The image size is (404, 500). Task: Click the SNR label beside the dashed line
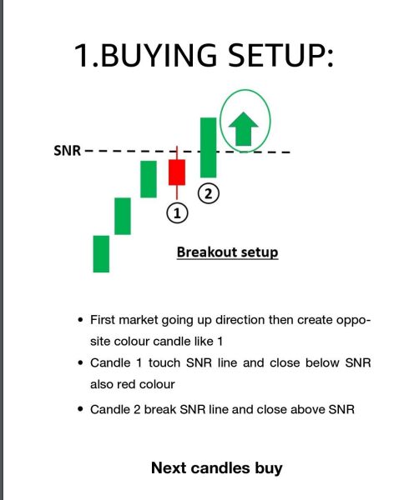point(67,152)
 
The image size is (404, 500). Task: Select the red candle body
point(176,172)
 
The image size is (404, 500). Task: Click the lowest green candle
point(101,253)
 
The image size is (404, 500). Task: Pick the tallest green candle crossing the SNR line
point(208,147)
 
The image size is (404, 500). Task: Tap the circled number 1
point(176,212)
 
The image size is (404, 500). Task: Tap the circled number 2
point(208,193)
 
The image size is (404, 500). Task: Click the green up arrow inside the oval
point(245,129)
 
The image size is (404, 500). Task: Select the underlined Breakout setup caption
point(227,252)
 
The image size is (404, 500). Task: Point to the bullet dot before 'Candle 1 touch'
point(79,363)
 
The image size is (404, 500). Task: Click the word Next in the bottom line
point(169,467)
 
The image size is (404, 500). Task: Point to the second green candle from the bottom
point(123,216)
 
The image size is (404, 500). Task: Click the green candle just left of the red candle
point(149,179)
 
